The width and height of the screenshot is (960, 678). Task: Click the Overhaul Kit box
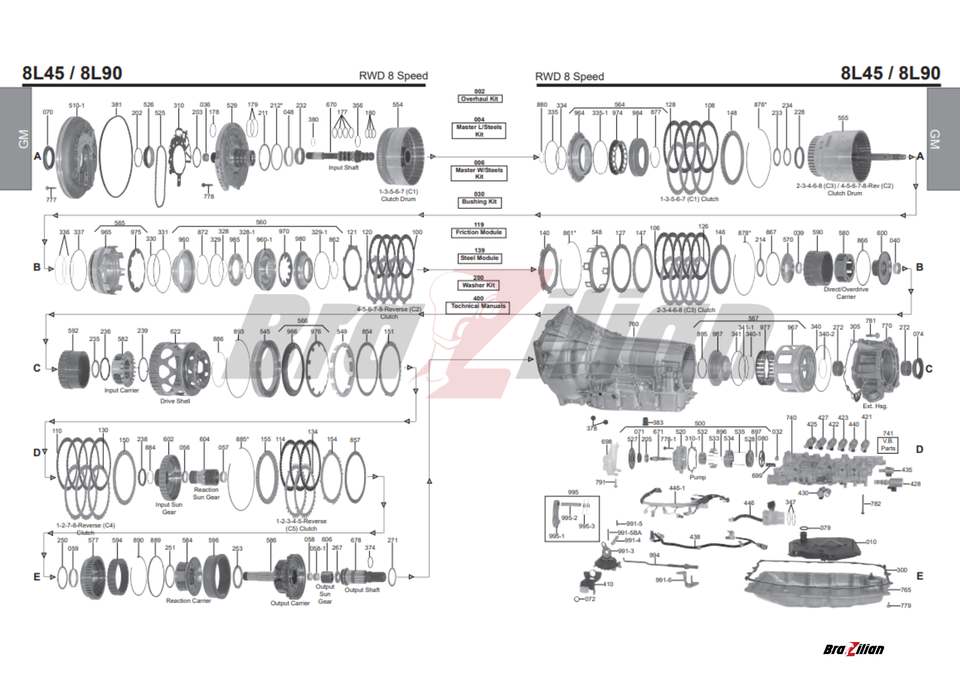[x=480, y=99]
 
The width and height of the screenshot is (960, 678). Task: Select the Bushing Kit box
[x=479, y=202]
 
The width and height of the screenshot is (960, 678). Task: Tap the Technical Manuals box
[x=478, y=306]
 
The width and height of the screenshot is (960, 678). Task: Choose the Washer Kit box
[x=479, y=285]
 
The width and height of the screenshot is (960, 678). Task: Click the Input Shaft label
[x=343, y=168]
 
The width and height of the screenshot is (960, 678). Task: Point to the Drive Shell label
[x=175, y=401]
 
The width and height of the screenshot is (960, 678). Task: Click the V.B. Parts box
[x=888, y=445]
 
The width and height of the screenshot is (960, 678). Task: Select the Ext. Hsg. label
[x=875, y=406]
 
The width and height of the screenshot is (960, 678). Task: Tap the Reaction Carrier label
[x=188, y=601]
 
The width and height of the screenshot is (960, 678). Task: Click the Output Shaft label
[x=362, y=590]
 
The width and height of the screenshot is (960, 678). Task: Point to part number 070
[x=48, y=112]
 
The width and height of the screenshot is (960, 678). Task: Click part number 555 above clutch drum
[x=843, y=118]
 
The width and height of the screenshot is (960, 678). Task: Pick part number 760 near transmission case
[x=633, y=325]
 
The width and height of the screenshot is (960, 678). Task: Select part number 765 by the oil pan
[x=905, y=590]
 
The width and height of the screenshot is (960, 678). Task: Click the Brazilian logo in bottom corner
[x=853, y=649]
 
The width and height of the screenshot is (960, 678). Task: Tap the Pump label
[x=697, y=478]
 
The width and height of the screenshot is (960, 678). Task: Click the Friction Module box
[x=479, y=233]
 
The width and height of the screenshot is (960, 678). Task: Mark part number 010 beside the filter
[x=871, y=542]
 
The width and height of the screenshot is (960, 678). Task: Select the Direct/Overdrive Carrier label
[x=846, y=293]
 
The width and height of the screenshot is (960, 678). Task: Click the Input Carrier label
[x=121, y=391]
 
